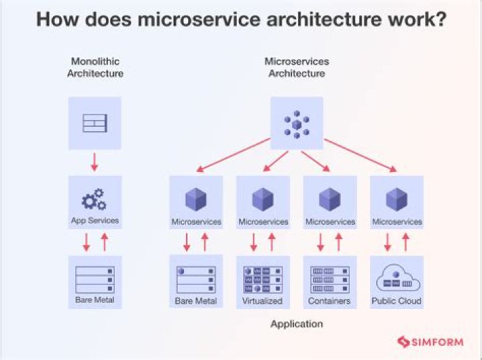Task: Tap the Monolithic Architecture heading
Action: point(95,68)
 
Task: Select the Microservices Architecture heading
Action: point(297,68)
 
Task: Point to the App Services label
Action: point(95,220)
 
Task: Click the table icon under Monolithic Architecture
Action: point(94,123)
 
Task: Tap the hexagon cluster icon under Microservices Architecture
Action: point(296,123)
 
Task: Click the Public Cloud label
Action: point(397,301)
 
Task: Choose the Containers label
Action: point(329,301)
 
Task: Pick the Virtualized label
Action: point(262,301)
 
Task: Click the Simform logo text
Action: point(440,343)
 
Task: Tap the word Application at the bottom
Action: point(297,325)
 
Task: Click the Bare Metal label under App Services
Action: point(95,300)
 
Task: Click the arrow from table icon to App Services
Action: point(94,162)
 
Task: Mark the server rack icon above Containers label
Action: point(329,279)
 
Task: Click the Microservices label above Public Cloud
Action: point(397,221)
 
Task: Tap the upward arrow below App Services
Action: point(104,242)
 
